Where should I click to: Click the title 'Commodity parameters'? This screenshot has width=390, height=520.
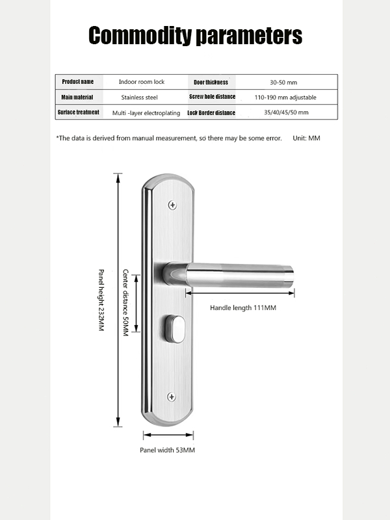[195, 35]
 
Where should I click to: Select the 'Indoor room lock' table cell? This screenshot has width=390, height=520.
[142, 82]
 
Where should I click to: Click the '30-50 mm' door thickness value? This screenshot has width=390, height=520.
[283, 83]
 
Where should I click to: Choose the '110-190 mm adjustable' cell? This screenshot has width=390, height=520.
[285, 97]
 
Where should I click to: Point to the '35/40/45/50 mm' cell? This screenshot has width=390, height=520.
[286, 112]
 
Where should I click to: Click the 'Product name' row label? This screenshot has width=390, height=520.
[78, 82]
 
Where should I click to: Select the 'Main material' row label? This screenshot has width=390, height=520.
[77, 97]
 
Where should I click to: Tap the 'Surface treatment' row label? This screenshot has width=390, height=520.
[79, 112]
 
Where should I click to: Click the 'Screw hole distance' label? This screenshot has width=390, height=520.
[212, 97]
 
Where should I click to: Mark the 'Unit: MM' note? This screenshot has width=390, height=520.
[306, 138]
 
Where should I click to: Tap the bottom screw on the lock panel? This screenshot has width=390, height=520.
[172, 396]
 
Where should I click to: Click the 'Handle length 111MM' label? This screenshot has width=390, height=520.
[243, 307]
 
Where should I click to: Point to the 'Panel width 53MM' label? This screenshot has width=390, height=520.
[168, 450]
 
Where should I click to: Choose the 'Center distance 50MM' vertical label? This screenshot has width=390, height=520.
[127, 303]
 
